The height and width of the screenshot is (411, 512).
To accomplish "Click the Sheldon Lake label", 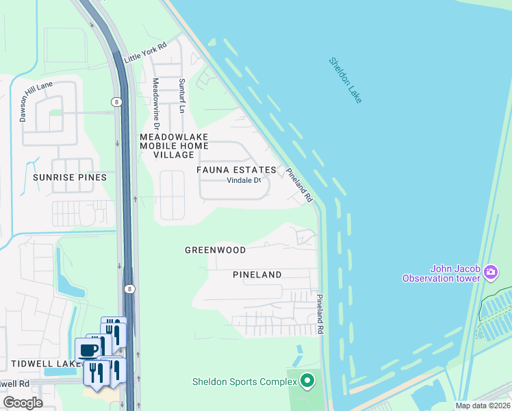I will click(x=346, y=80).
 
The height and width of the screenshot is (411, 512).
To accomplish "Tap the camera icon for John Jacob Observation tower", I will click(x=490, y=273).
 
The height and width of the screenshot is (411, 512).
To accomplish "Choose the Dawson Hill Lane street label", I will click(x=26, y=102).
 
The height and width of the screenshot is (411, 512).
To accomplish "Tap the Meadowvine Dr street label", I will click(x=155, y=103).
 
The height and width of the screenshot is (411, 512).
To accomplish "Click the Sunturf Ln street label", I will click(x=182, y=95).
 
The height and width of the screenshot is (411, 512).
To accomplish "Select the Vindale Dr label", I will click(x=244, y=181).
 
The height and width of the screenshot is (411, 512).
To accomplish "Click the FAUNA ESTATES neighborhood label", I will click(x=236, y=170).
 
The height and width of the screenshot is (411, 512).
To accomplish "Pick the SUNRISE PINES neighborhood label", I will click(x=70, y=177).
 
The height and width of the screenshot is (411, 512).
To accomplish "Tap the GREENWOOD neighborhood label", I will click(x=215, y=251).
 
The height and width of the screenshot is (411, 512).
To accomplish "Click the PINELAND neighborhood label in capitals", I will click(x=257, y=275).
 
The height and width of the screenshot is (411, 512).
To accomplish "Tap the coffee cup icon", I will click(x=88, y=350).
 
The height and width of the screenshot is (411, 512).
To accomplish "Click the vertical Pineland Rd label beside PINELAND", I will click(x=320, y=314).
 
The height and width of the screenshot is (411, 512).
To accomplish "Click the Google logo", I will click(x=23, y=403).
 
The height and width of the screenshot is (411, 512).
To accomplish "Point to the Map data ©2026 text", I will click(x=482, y=406).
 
